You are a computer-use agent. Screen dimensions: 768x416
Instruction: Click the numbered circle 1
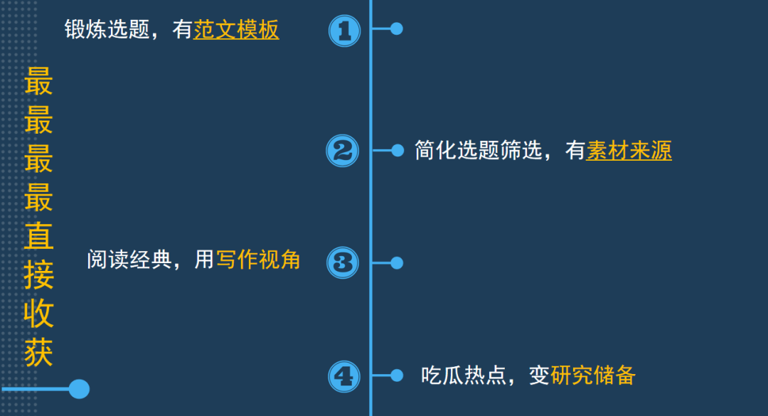344,31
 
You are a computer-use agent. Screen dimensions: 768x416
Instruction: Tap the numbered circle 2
342,151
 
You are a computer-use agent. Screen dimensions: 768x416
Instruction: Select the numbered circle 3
343,262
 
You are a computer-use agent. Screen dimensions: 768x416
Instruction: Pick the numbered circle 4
344,376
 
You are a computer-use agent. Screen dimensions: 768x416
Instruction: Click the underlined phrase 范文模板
236,30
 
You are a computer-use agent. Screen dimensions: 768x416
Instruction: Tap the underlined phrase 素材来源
629,151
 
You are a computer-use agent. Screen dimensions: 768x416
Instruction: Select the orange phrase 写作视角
258,260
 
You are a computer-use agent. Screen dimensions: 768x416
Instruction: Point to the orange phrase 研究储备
593,375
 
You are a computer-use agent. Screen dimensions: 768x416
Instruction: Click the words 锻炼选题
107,30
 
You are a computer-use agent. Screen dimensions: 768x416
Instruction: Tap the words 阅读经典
129,260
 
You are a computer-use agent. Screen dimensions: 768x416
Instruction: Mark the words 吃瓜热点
463,375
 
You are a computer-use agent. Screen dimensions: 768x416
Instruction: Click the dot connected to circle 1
397,29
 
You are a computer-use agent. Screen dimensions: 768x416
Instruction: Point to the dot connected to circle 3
397,263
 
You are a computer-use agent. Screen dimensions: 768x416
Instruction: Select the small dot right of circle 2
398,151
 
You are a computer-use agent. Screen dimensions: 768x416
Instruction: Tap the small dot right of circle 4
398,375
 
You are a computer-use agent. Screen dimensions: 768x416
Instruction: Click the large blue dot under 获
79,389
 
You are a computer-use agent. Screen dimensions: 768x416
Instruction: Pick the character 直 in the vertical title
39,238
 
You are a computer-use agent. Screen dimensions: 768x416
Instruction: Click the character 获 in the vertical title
39,353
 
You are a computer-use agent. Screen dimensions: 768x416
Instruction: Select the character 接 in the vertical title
39,276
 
